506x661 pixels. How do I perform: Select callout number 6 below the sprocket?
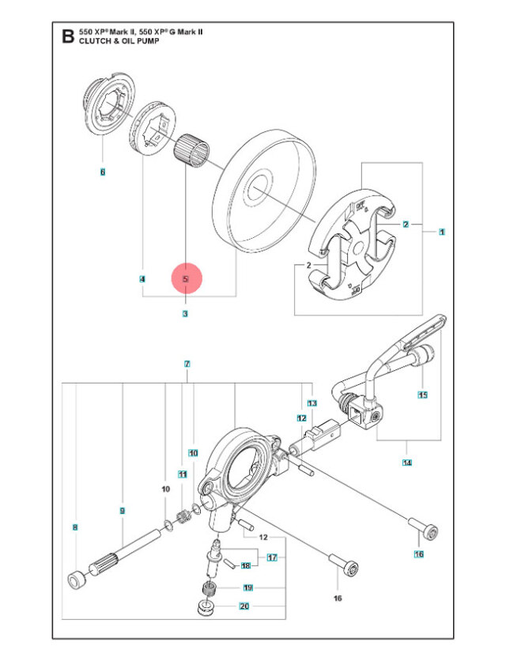point(102,172)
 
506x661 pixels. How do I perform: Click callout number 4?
point(142,279)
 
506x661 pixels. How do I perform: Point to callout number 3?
point(185,314)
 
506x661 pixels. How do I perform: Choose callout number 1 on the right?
point(440,232)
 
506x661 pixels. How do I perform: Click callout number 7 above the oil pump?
point(187,364)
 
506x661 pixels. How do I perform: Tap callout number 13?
point(312,403)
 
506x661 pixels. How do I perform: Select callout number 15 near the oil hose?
point(422,395)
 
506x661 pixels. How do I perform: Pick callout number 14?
point(407,462)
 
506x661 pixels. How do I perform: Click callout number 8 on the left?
point(75,527)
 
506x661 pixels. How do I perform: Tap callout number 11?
point(182,475)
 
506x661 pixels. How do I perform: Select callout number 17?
point(271,557)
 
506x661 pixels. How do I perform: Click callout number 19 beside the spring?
point(247,587)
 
